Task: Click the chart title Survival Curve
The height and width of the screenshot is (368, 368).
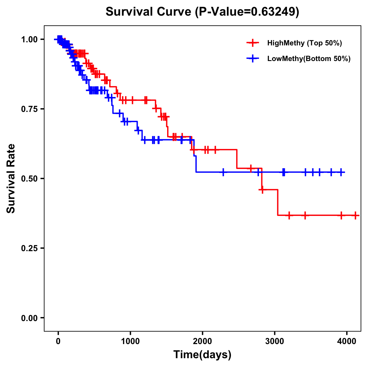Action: click(149, 12)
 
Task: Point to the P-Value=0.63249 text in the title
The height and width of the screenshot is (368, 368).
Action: click(247, 12)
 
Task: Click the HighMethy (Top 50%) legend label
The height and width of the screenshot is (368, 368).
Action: click(305, 43)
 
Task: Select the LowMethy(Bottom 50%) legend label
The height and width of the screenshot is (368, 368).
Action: click(309, 59)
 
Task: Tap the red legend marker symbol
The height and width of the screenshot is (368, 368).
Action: click(253, 43)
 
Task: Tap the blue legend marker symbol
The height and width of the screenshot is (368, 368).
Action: click(253, 59)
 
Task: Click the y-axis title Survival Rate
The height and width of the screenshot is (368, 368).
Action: click(11, 178)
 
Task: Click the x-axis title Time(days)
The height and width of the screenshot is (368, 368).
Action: click(202, 355)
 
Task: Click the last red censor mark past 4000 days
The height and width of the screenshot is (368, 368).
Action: click(355, 215)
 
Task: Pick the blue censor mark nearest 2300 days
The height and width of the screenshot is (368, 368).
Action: click(223, 172)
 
